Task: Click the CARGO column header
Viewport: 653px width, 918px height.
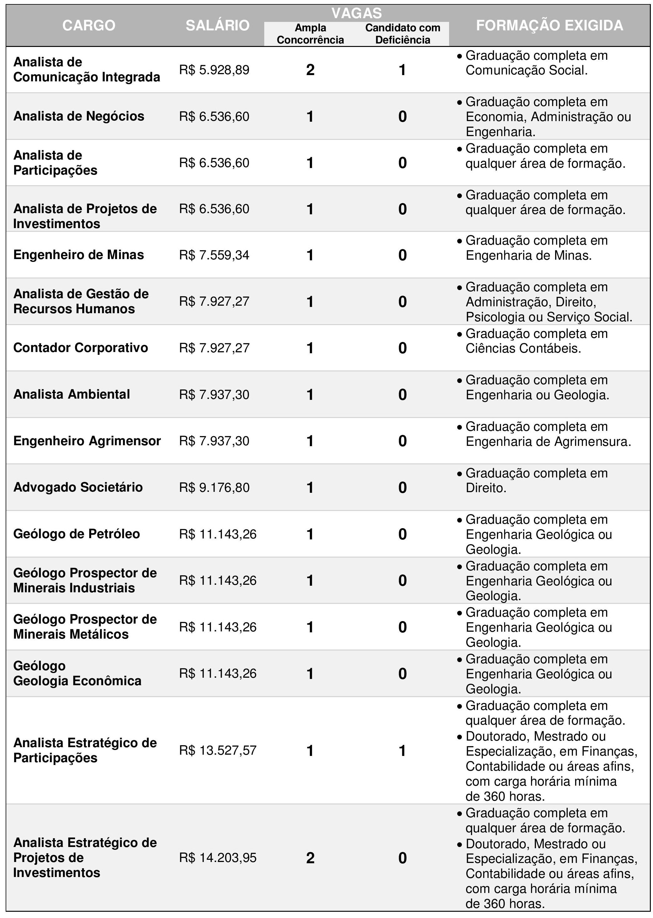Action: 89,25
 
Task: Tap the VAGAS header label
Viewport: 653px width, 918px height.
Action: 356,13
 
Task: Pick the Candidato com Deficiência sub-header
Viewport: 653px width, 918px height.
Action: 402,34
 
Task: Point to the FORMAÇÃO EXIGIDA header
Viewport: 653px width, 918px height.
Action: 549,25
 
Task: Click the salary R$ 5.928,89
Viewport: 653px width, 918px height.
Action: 214,70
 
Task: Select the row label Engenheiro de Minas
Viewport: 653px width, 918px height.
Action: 78,255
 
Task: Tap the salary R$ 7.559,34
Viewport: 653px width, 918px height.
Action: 214,255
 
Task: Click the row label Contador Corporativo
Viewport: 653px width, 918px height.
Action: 80,348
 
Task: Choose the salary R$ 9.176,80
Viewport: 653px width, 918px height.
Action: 214,487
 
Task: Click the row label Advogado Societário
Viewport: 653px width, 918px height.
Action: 78,487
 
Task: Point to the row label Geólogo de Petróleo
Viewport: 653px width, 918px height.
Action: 76,534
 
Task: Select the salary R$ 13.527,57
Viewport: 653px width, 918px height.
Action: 218,750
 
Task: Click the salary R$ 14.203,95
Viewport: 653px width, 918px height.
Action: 218,858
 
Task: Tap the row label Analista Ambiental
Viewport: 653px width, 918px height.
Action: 72,394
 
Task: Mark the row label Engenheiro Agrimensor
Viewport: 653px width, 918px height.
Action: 87,441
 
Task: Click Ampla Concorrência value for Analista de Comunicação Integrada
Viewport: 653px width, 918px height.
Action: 310,70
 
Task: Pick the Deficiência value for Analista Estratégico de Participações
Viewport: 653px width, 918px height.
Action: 402,751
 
